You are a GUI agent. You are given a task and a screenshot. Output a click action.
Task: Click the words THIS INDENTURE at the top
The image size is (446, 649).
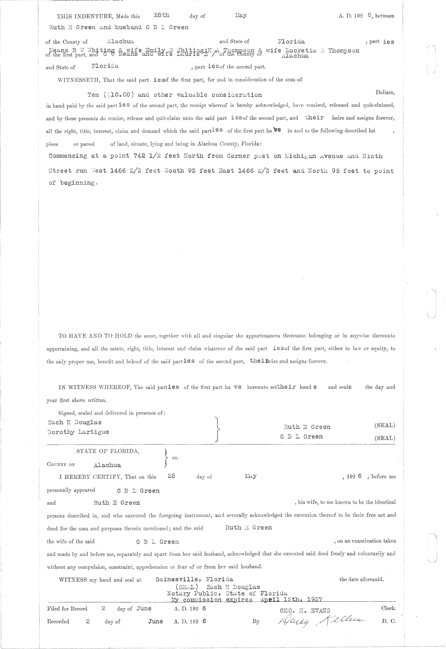tap(85, 16)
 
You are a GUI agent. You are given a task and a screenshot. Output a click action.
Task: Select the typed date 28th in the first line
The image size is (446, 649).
tap(162, 15)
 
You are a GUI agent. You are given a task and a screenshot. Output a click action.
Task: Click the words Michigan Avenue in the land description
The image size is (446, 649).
tap(313, 156)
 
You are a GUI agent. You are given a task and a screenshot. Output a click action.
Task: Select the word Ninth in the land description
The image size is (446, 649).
tap(372, 156)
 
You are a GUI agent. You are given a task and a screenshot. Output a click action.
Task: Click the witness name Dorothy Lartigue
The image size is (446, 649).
tap(78, 432)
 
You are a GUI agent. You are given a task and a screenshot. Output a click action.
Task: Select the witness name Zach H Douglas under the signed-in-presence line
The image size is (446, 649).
tap(75, 423)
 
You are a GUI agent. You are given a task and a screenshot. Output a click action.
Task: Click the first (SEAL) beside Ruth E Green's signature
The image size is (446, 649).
tap(384, 425)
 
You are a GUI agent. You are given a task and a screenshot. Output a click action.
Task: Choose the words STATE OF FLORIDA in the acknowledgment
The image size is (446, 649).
tap(108, 451)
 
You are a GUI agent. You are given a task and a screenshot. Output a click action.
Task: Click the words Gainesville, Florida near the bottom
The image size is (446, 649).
tap(194, 579)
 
